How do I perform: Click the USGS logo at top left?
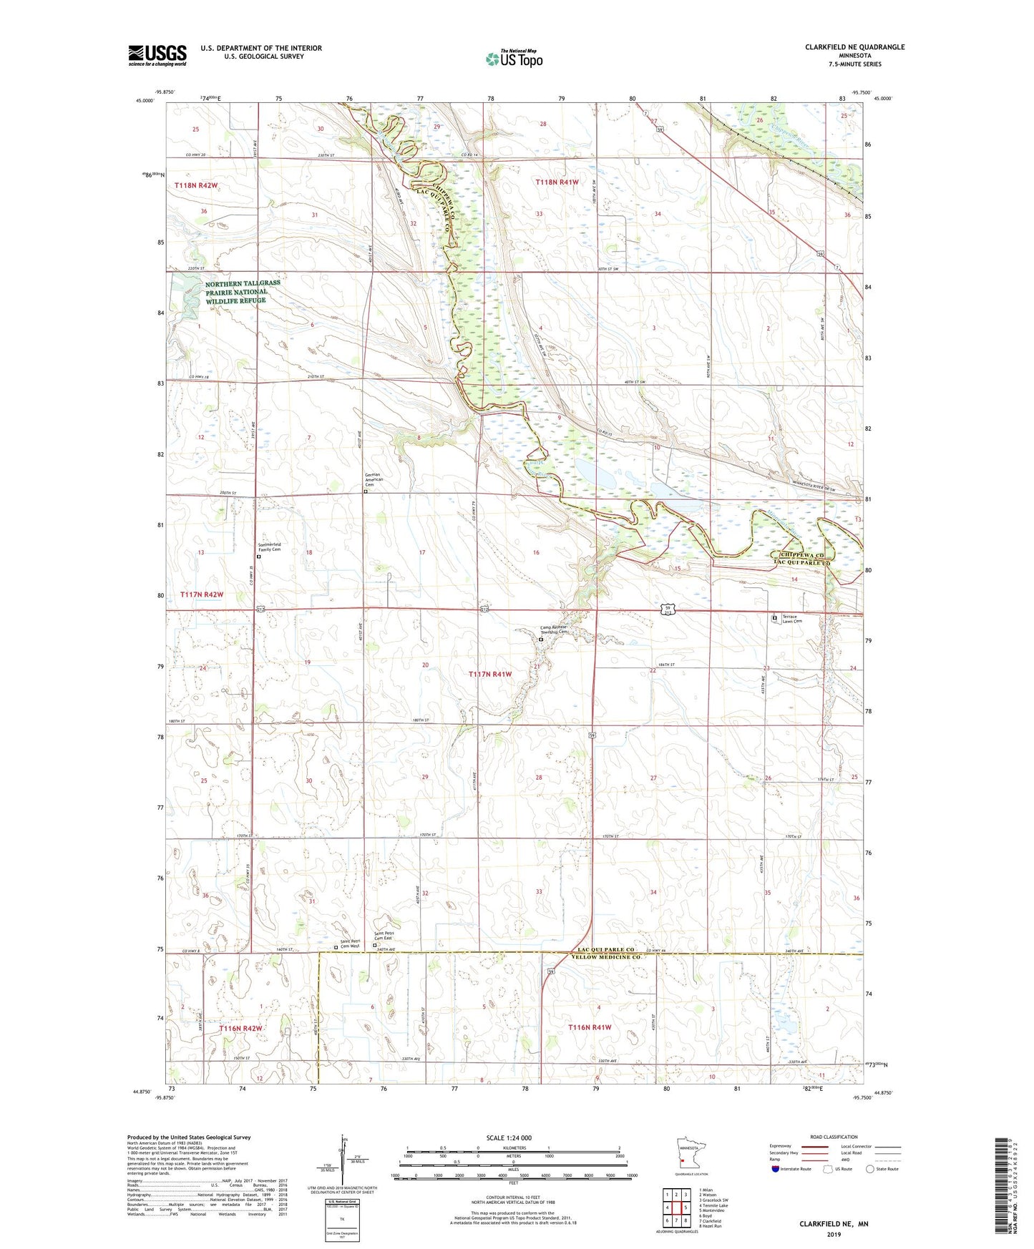[x=157, y=55]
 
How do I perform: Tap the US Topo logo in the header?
[x=513, y=59]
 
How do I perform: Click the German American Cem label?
[x=374, y=479]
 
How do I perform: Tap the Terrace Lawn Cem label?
[x=791, y=619]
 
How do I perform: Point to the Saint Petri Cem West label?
[x=350, y=944]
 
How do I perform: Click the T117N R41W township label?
[x=490, y=674]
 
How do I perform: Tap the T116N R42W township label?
[x=240, y=1028]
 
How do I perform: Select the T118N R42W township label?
[x=196, y=185]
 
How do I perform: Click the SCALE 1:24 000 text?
[x=508, y=1137]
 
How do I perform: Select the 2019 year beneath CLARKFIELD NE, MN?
[x=834, y=1233]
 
